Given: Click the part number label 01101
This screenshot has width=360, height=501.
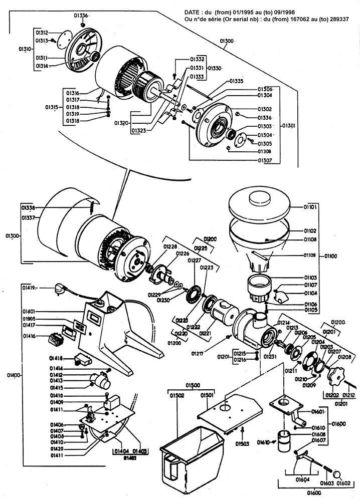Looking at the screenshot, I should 311,206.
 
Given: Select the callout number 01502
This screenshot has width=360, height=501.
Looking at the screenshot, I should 177,396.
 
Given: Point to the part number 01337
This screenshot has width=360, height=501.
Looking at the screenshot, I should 28,218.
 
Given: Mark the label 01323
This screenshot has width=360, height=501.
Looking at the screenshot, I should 139,130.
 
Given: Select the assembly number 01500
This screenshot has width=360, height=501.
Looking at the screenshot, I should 193,385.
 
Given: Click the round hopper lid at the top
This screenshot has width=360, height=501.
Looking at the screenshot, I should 259,203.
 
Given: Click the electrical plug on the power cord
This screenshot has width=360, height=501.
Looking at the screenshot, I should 59,289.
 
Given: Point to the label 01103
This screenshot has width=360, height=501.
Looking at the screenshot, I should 311,277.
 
